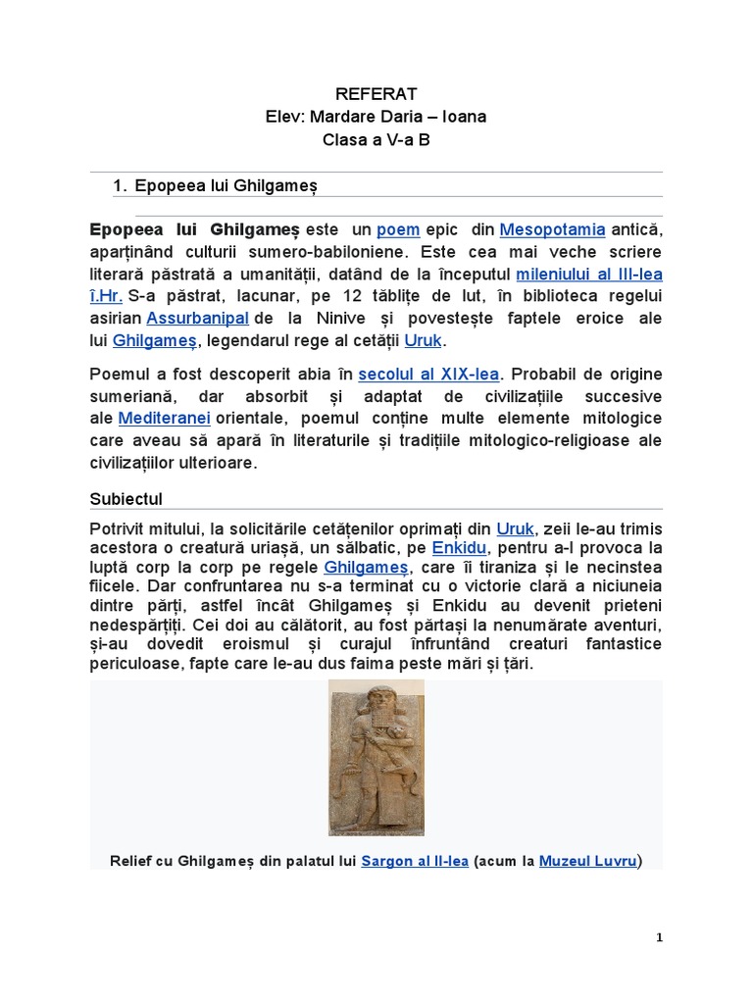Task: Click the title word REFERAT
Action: point(376,94)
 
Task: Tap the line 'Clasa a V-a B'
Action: point(376,139)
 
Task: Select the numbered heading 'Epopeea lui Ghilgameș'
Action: point(226,184)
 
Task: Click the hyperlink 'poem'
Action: point(398,229)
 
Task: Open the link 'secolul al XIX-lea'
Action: point(428,375)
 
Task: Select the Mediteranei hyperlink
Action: point(157,419)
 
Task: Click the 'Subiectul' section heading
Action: point(126,499)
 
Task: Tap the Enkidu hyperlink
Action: point(460,546)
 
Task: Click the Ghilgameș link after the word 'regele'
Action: point(366,568)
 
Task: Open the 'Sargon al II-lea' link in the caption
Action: point(415,862)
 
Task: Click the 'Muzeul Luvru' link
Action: point(588,862)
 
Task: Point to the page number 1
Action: point(660,937)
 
